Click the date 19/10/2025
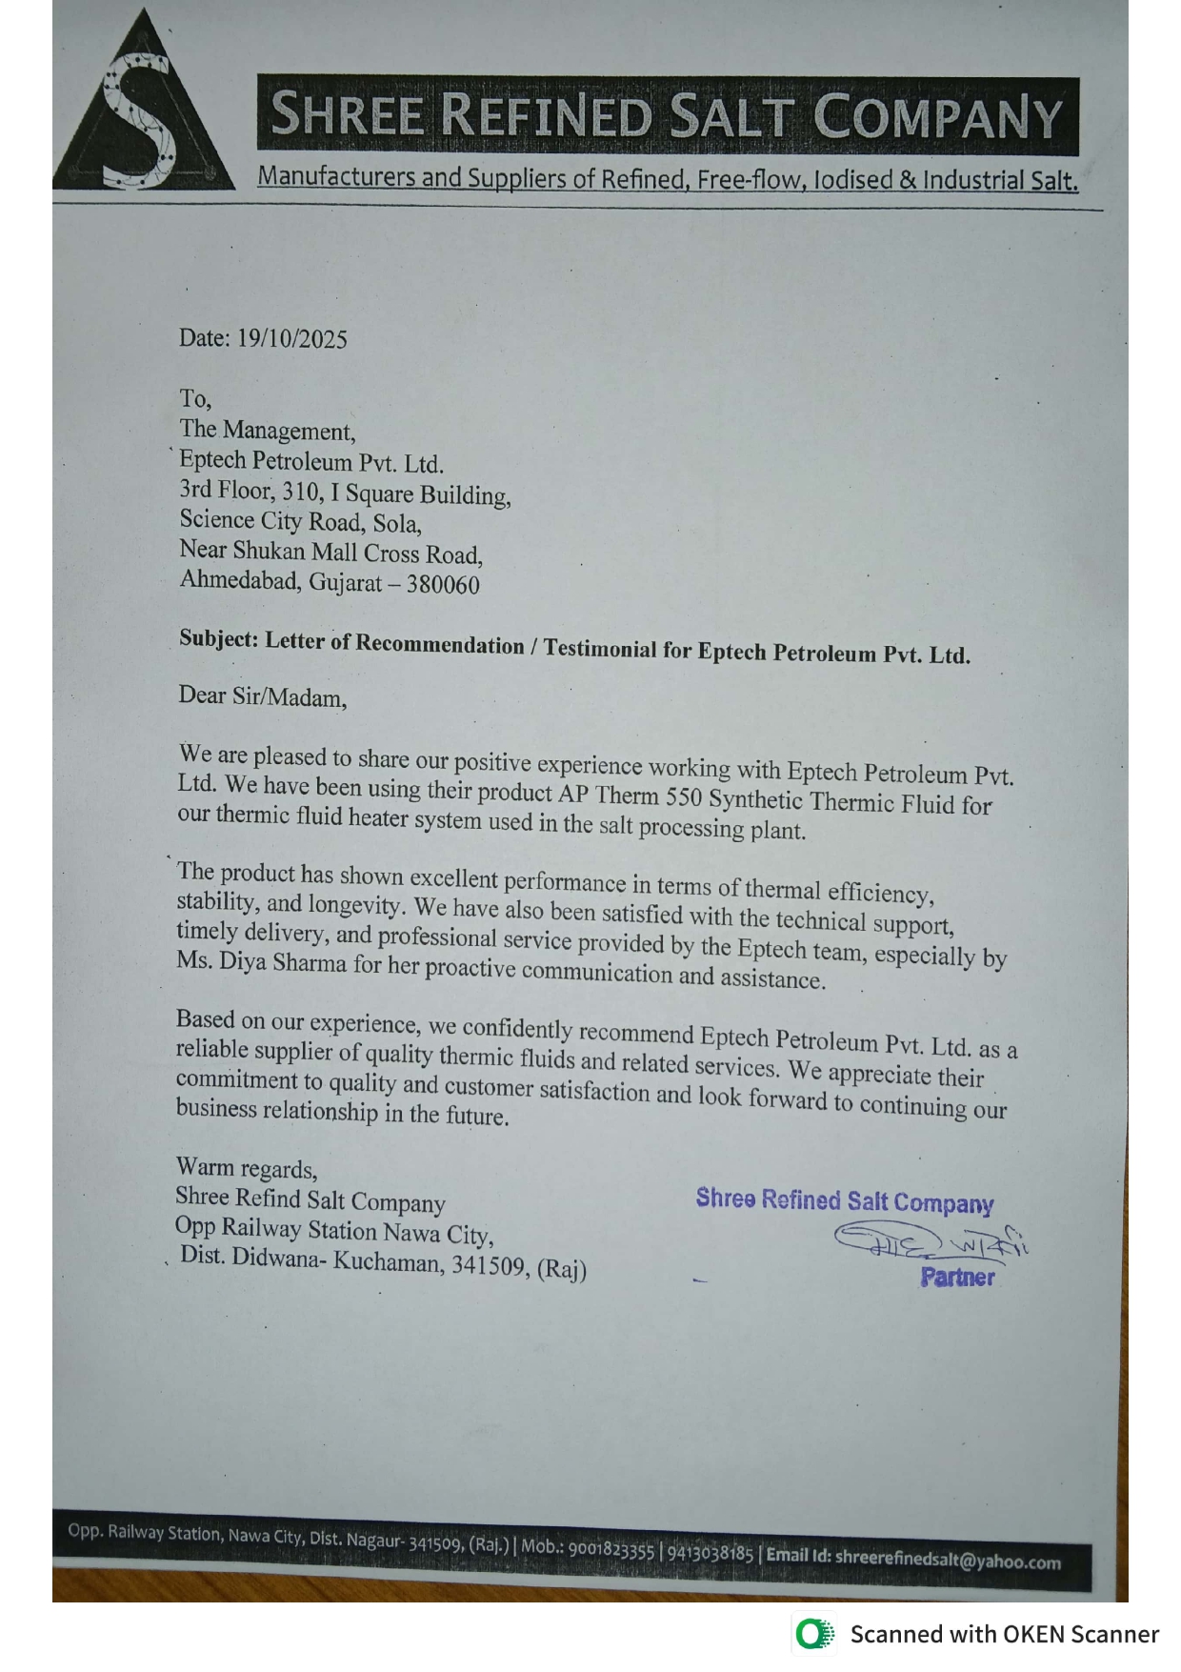[291, 339]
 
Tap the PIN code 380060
[443, 585]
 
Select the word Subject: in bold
[218, 639]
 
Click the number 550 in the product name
[684, 797]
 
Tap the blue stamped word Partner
[957, 1278]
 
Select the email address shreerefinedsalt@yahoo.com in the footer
[948, 1561]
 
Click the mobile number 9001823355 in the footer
[611, 1549]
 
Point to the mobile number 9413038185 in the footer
[710, 1553]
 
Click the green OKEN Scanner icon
[813, 1634]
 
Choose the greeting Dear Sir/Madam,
[263, 696]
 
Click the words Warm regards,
[247, 1168]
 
